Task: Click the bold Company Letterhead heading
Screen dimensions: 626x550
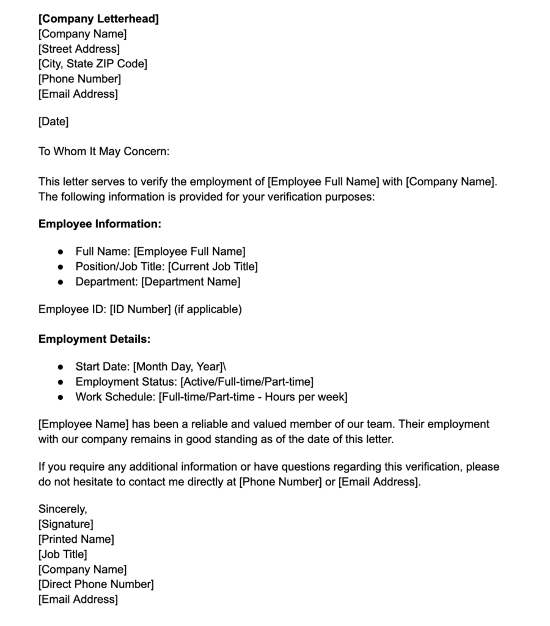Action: [98, 19]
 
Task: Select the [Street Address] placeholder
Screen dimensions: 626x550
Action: [79, 49]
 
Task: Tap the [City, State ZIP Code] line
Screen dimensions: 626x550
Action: [92, 64]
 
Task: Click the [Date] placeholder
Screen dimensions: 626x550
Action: [53, 122]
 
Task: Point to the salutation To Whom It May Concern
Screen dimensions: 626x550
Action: [103, 152]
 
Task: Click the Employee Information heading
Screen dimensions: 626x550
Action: [100, 224]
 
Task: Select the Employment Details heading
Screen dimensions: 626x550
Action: [94, 339]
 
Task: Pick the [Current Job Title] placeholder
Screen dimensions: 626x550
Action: [213, 267]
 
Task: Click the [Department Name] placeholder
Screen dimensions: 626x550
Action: [191, 282]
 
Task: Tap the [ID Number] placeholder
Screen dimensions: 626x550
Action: [140, 309]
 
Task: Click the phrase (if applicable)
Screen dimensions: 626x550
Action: [208, 309]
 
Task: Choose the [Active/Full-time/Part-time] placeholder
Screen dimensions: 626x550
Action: [247, 382]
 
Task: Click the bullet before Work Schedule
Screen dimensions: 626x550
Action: [60, 397]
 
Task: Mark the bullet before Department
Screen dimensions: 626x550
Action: [60, 282]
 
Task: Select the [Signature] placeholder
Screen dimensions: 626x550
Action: [65, 524]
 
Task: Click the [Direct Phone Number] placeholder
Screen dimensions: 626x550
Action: [96, 584]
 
